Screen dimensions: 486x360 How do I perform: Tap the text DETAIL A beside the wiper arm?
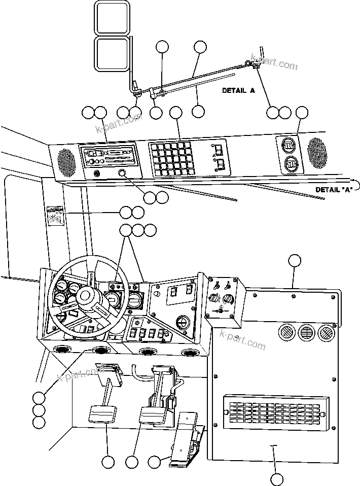238,91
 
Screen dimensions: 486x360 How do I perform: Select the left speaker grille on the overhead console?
65,160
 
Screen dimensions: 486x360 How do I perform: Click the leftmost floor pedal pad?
103,413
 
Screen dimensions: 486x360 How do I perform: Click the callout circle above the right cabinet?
295,261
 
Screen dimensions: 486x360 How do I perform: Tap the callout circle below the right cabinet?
276,478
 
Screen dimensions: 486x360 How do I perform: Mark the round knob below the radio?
122,174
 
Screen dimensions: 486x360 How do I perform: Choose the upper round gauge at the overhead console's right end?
289,146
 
